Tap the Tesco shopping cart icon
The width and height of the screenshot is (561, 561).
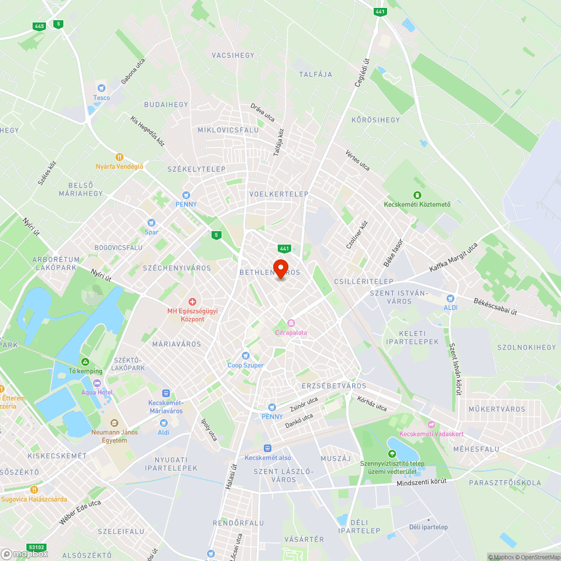[x=102, y=88]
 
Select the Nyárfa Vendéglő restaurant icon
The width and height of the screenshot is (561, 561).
[x=119, y=157]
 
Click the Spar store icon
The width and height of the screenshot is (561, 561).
[x=150, y=223]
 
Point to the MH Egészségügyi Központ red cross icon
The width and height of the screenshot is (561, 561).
[x=192, y=302]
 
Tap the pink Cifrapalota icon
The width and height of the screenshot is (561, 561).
[x=291, y=323]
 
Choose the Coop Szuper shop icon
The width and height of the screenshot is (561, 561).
[x=245, y=356]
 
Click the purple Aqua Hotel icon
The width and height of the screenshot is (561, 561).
[x=96, y=383]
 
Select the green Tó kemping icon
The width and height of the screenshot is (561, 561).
[x=85, y=362]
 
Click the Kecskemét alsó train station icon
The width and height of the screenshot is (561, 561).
[x=268, y=448]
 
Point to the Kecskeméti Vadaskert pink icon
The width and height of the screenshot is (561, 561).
[x=431, y=425]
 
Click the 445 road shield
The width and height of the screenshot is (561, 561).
[x=39, y=26]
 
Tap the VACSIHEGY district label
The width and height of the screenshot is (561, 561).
[x=233, y=56]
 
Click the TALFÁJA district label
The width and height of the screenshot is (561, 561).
[x=315, y=74]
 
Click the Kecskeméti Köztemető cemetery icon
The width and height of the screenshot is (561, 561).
[x=417, y=195]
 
